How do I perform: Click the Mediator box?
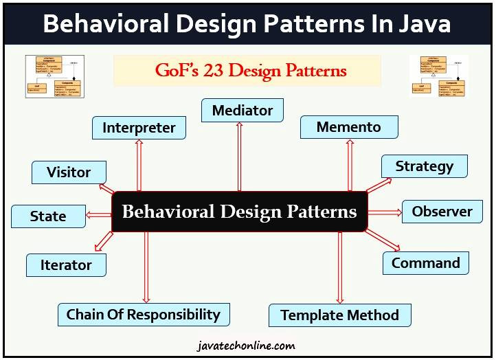pos(242,111)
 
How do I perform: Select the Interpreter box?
pos(139,128)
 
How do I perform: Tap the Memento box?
pos(348,127)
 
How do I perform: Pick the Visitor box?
pos(69,172)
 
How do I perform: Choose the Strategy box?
pos(424,166)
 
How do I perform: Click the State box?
pos(48,216)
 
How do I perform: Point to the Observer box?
pos(442,212)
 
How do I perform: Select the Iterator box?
pos(66,265)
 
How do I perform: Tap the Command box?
pos(425,263)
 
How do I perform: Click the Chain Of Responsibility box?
pos(143,315)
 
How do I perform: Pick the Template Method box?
pos(339,315)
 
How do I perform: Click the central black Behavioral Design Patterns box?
pos(239,211)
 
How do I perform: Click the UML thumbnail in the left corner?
pos(54,76)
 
